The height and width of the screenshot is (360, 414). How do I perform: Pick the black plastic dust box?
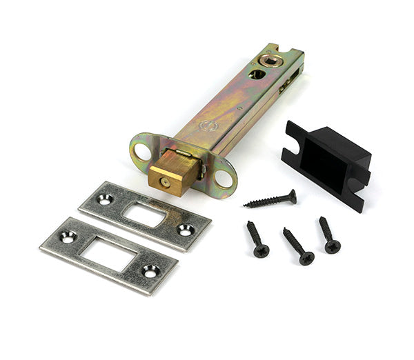pos(326,163)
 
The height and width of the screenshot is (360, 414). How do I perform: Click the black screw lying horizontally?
pos(270,199)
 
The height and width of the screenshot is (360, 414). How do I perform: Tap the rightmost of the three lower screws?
pos(328,235)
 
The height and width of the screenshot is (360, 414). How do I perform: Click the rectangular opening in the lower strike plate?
pos(108,254)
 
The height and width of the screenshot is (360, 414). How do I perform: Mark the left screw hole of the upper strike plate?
pos(105,199)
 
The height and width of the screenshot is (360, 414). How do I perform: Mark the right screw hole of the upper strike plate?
pos(184,230)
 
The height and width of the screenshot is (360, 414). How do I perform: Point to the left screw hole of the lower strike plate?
pos(68,237)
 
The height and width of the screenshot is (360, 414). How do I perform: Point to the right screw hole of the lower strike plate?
pos(150,271)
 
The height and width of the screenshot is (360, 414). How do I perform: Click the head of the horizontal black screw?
pos(293,196)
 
